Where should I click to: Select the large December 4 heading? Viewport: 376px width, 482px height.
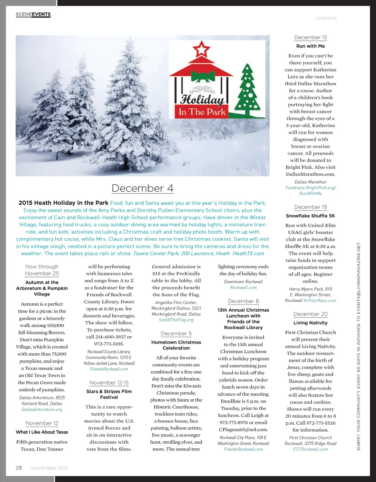point(142,188)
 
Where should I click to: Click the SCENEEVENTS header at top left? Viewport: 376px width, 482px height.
point(33,14)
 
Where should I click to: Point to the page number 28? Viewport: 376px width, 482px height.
point(19,468)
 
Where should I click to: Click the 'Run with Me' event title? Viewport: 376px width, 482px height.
point(310,46)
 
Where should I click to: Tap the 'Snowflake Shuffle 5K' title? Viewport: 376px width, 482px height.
point(310,216)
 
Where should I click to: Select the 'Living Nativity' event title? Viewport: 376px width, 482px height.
point(310,323)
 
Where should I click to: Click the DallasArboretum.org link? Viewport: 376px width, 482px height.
point(42,409)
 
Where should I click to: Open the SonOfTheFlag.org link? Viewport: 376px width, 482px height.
point(176,320)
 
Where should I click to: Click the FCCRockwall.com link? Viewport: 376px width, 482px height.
point(310,449)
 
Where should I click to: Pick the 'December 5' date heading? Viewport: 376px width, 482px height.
point(176,334)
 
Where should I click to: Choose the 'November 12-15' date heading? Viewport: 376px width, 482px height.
point(109,382)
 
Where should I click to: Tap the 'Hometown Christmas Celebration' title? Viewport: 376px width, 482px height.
point(176,345)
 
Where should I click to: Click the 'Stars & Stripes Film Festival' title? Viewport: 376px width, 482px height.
point(109,394)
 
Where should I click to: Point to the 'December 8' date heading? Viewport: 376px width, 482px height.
point(243,301)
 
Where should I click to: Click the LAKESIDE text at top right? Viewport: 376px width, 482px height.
point(326,18)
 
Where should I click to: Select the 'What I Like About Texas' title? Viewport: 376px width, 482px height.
point(42,432)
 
